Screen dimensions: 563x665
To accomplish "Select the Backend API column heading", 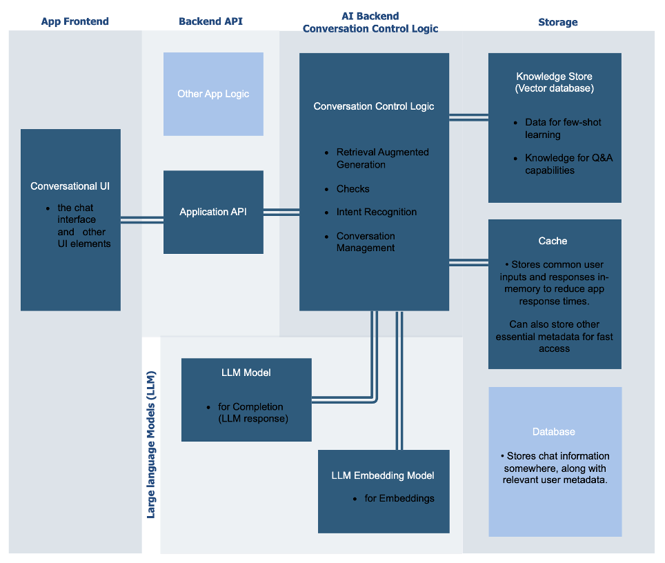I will coord(210,21).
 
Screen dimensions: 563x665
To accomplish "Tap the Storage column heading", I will coord(557,22).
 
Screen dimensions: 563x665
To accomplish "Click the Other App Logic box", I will coord(213,94).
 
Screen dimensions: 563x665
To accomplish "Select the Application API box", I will coord(213,212).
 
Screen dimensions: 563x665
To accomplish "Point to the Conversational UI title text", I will coord(70,186).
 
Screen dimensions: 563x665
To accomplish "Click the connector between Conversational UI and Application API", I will coord(141,220).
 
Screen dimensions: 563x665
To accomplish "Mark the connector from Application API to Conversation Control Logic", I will coord(281,212).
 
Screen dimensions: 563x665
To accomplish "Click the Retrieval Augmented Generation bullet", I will coord(382,158).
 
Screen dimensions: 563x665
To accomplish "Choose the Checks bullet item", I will coord(353,189).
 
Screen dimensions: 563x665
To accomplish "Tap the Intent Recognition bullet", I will coord(376,212).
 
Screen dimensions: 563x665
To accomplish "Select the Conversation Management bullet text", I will coord(366,241).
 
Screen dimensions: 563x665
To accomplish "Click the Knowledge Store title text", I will coord(554,82).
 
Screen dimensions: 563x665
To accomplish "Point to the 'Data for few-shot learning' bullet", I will coord(562,128).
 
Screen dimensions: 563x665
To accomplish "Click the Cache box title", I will coord(553,241).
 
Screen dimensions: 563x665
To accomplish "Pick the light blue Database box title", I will coord(553,432).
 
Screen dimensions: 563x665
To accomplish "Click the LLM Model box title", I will coord(246,373).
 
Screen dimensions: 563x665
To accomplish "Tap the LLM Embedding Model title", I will coord(383,475).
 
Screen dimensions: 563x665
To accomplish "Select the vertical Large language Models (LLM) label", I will coord(151,445).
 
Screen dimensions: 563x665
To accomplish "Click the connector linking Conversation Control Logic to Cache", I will coord(468,261).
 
